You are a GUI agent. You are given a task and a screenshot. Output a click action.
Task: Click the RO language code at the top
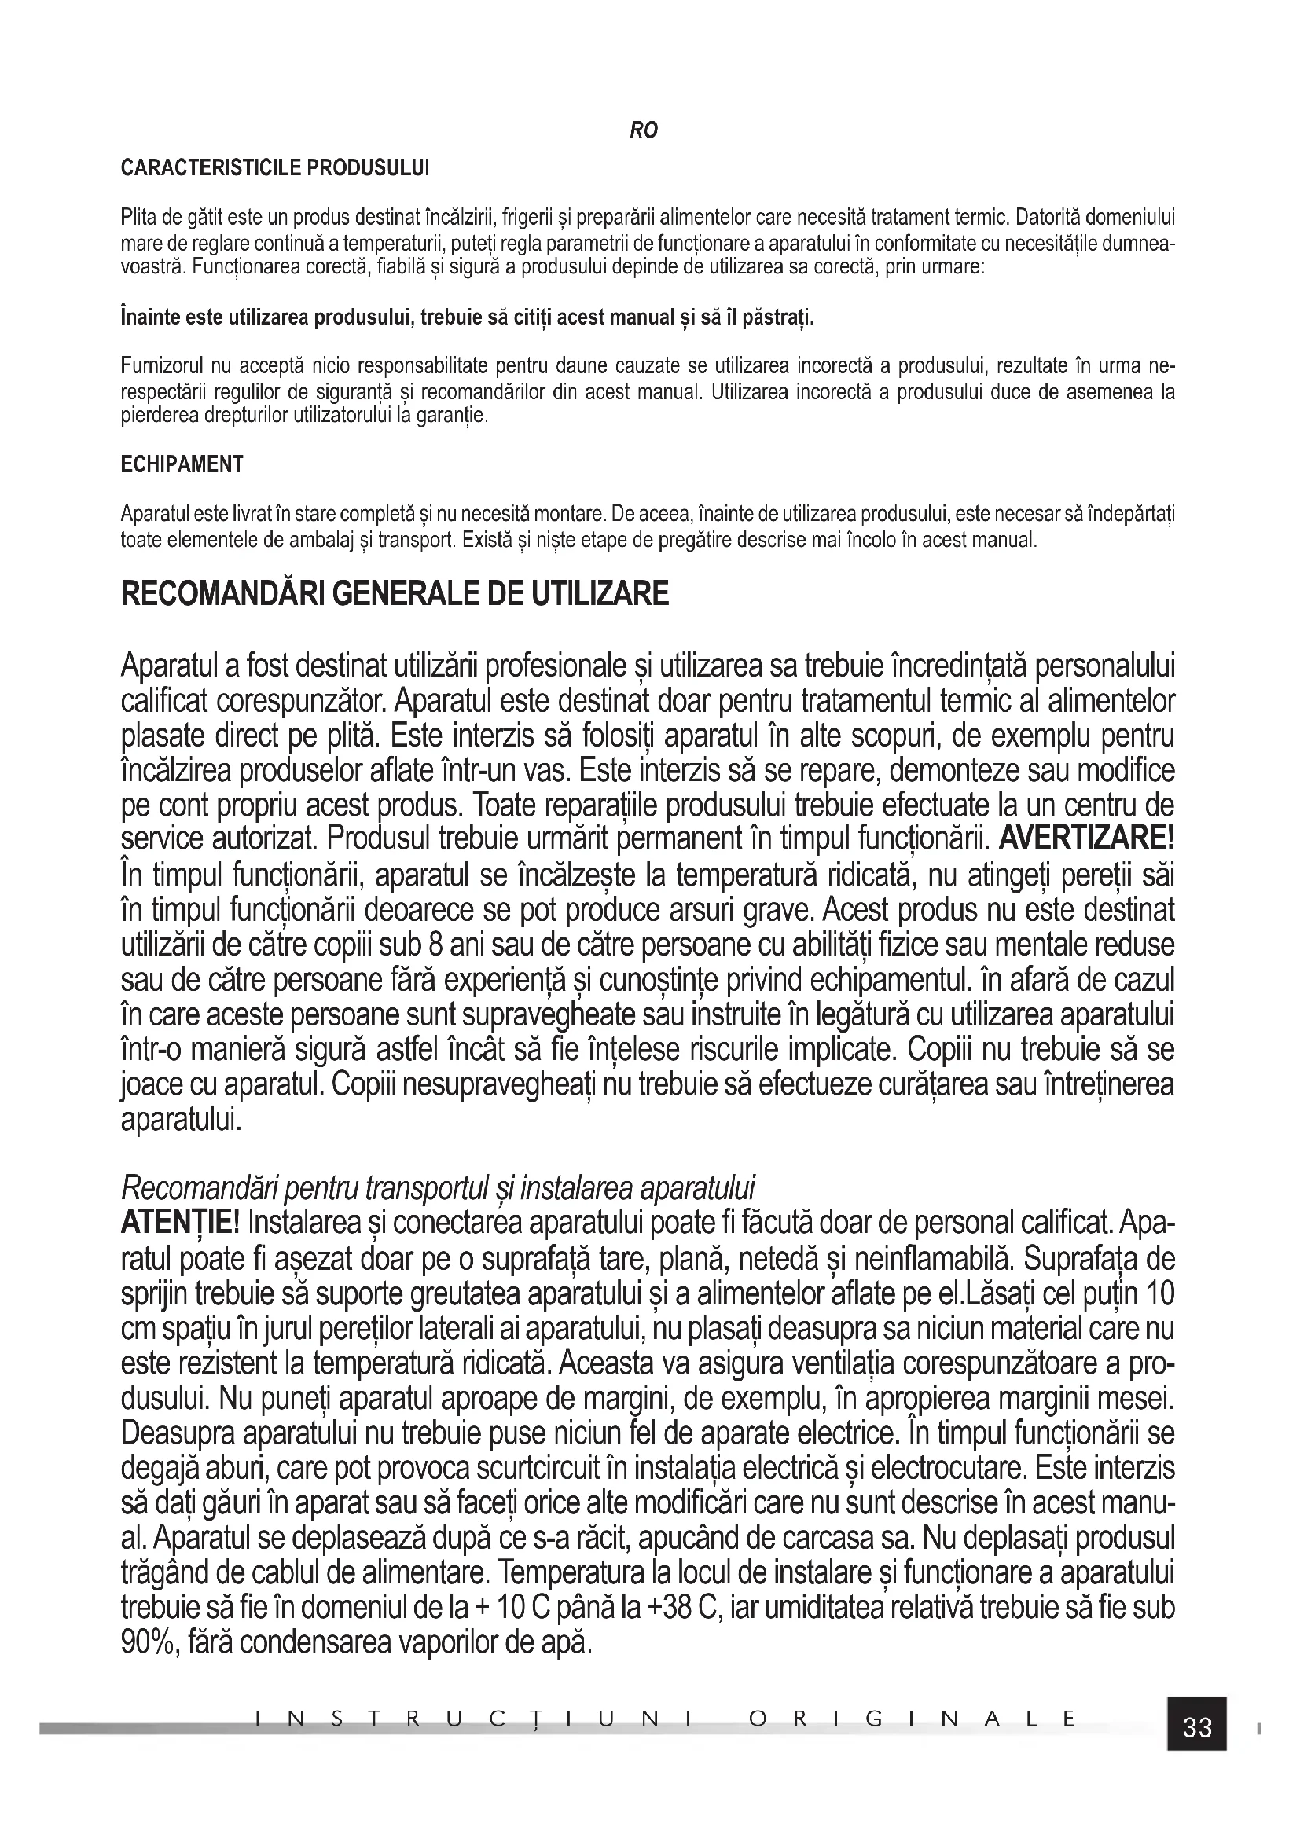click(644, 130)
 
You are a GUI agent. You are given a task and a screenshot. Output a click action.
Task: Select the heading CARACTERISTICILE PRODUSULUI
click(274, 168)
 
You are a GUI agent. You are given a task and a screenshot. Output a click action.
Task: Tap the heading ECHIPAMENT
click(182, 464)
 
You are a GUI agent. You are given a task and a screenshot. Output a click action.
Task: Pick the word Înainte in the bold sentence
click(149, 317)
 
